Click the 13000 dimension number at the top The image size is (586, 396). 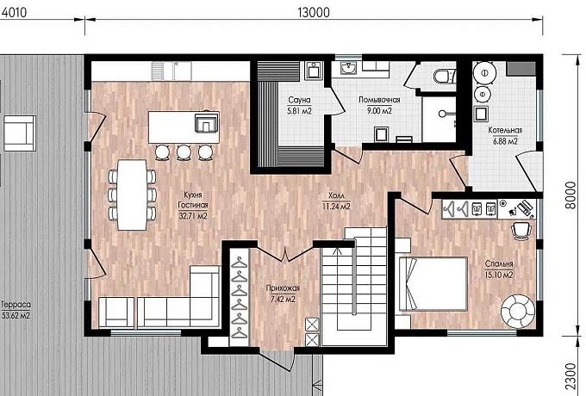(314, 13)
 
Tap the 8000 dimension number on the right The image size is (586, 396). (570, 195)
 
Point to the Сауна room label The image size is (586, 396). (299, 100)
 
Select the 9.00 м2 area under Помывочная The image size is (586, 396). (379, 111)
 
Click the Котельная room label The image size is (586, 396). (505, 130)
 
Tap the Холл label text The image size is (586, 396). (336, 196)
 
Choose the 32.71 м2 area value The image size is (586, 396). (192, 216)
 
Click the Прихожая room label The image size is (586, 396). (283, 288)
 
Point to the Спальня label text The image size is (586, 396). (499, 263)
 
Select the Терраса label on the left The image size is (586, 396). (16, 305)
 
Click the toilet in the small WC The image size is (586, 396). (445, 76)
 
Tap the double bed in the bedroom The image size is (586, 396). (433, 284)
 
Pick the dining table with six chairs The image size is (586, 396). (132, 195)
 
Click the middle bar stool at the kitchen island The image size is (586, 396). (184, 152)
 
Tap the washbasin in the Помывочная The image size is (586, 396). (349, 67)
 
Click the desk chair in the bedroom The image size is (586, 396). (521, 230)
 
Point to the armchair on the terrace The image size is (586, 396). (20, 133)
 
